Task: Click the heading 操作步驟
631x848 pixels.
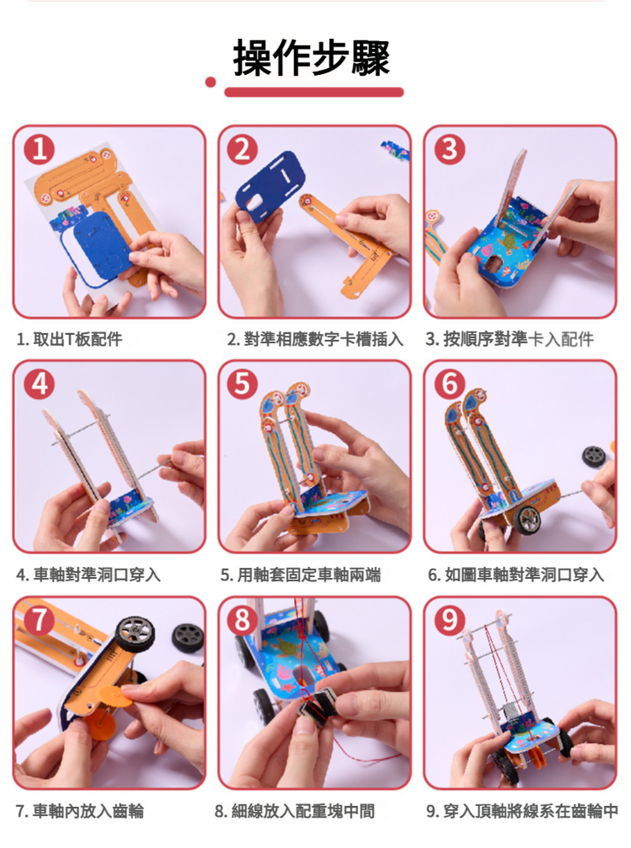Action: [x=312, y=58]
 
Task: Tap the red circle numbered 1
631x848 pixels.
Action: [x=39, y=149]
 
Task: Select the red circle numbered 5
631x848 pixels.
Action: [x=243, y=384]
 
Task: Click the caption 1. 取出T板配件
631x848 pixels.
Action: [x=69, y=340]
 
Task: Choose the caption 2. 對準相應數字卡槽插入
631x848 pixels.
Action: [x=315, y=340]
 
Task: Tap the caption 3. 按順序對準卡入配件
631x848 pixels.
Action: [x=510, y=340]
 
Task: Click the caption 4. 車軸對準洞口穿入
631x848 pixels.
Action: [x=88, y=574]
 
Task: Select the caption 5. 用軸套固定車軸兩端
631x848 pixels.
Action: [x=301, y=574]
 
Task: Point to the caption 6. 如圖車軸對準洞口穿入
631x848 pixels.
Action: [x=516, y=574]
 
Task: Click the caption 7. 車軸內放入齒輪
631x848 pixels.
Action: [x=80, y=811]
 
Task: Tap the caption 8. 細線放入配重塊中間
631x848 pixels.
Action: [x=294, y=811]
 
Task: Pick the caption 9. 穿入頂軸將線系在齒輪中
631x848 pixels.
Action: [x=522, y=811]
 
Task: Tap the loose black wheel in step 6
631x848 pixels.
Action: [x=594, y=457]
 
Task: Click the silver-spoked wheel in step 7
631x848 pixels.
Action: [x=135, y=634]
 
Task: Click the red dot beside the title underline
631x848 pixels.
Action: [x=211, y=82]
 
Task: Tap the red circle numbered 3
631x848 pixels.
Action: [x=450, y=149]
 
